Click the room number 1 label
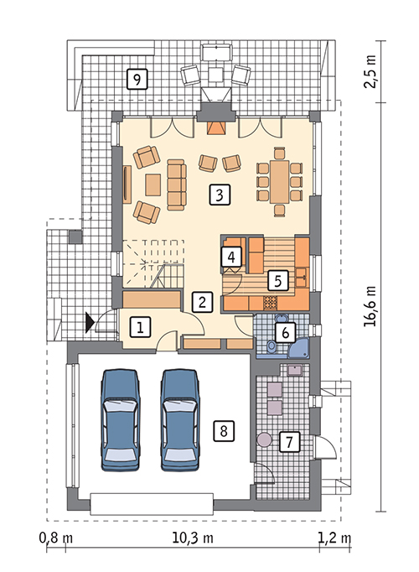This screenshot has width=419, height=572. click(x=140, y=326)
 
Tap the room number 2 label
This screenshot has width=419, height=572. click(x=202, y=302)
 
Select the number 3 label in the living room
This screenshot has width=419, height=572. click(x=220, y=195)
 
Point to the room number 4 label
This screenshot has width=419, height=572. click(x=231, y=257)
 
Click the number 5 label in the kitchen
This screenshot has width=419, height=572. click(x=278, y=280)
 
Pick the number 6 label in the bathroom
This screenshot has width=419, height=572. click(x=285, y=332)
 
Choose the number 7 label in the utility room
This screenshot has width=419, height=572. click(x=290, y=442)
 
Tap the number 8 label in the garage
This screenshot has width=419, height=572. click(x=224, y=431)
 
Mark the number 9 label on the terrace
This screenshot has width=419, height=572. click(x=137, y=79)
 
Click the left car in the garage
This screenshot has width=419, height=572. click(x=121, y=420)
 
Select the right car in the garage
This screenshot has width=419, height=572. click(x=180, y=420)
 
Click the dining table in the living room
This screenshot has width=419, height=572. click(x=279, y=182)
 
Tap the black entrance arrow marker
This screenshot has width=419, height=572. click(x=90, y=322)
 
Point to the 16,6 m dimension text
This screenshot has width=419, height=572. click(x=370, y=306)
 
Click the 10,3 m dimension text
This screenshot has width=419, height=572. click(x=193, y=538)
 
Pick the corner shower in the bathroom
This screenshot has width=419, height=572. click(x=299, y=346)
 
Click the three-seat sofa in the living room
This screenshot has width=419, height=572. click(x=177, y=185)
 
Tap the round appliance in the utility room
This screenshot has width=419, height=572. click(x=264, y=439)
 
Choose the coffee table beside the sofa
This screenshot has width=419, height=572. click(x=153, y=185)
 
